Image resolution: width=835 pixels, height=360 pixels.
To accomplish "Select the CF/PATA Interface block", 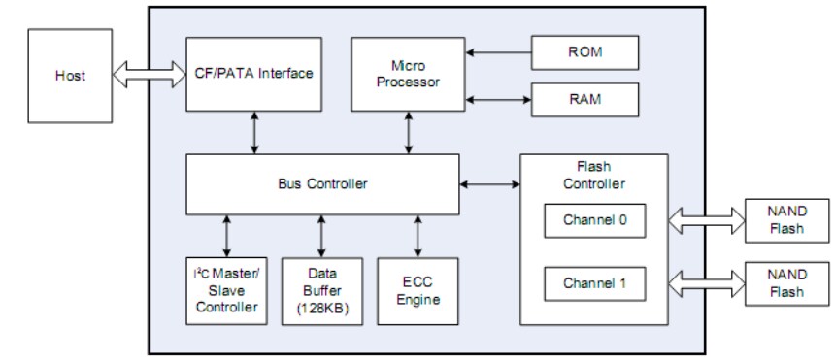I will (x=254, y=74).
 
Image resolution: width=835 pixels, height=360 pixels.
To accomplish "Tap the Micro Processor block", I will (x=408, y=74).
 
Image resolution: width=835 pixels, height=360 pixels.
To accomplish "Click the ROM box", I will (x=584, y=52).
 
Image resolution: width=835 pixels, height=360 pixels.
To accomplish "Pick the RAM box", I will (x=584, y=99).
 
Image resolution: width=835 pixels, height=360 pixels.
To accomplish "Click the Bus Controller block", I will (x=322, y=183).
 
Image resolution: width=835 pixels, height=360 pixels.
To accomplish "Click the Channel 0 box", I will (x=594, y=219).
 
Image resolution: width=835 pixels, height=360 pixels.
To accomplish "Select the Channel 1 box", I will (x=594, y=284).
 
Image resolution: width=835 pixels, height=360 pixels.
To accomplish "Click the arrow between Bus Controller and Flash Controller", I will (x=490, y=182).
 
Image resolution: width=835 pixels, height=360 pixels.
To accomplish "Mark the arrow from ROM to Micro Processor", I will (x=497, y=52).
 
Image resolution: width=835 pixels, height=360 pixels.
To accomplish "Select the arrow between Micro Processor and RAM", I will (x=497, y=98).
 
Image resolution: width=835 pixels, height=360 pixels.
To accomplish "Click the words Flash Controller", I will (x=594, y=176).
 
